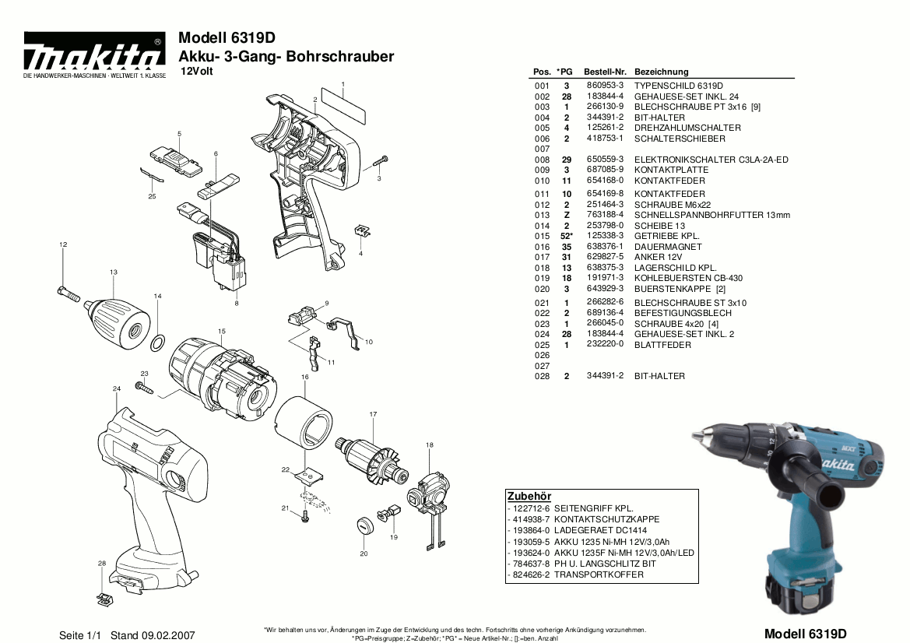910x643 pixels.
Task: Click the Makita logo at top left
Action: [x=93, y=56]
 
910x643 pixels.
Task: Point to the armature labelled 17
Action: [x=372, y=459]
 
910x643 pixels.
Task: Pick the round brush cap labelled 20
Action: [x=364, y=524]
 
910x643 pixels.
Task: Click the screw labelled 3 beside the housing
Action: [x=379, y=160]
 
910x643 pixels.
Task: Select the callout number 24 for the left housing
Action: [x=116, y=388]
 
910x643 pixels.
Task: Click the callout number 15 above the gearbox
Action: [x=222, y=332]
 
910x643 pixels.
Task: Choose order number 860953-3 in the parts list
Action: [x=604, y=85]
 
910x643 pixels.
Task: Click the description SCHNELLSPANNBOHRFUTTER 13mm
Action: [x=711, y=215]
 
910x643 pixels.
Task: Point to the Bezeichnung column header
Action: [x=661, y=72]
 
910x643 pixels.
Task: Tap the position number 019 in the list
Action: [x=542, y=278]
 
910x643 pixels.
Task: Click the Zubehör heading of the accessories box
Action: [x=529, y=496]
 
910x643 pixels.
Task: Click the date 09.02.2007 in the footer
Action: [x=168, y=635]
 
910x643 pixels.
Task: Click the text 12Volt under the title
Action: [x=195, y=72]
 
